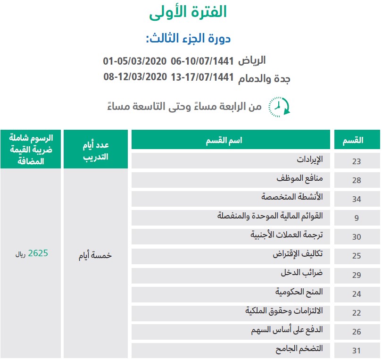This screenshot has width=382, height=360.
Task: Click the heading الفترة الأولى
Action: click(188, 12)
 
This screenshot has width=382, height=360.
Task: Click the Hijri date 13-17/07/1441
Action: click(202, 77)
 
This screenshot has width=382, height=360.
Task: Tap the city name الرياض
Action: click(252, 61)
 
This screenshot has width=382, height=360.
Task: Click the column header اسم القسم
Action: click(231, 140)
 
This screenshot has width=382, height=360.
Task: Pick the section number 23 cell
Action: click(356, 161)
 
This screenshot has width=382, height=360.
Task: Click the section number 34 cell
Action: click(356, 199)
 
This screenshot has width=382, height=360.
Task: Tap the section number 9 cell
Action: click(356, 218)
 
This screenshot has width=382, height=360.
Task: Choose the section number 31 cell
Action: click(356, 351)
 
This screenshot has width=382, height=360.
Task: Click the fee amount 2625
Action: click(38, 253)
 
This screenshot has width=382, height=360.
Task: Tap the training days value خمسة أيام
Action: click(96, 255)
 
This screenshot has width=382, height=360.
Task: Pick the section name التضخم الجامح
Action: click(300, 349)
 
